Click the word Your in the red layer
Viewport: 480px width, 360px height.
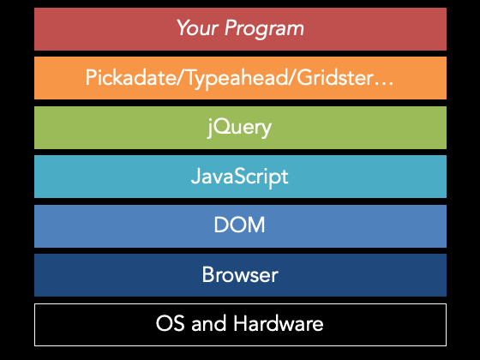pyautogui.click(x=198, y=27)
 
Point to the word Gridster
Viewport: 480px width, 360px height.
pyautogui.click(x=334, y=77)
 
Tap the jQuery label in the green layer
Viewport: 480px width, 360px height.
pyautogui.click(x=239, y=128)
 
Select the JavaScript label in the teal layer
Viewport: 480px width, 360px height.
pyautogui.click(x=240, y=177)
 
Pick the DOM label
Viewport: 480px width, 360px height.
pyautogui.click(x=239, y=225)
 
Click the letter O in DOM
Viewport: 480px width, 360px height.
pyautogui.click(x=239, y=225)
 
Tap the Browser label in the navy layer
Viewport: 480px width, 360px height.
pyautogui.click(x=240, y=274)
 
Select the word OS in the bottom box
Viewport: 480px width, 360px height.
pyautogui.click(x=171, y=323)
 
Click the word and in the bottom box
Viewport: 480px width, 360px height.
pyautogui.click(x=209, y=323)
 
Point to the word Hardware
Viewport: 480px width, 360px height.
pyautogui.click(x=279, y=323)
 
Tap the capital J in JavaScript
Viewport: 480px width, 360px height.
pyautogui.click(x=195, y=176)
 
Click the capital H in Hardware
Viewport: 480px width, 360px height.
pyautogui.click(x=241, y=323)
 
